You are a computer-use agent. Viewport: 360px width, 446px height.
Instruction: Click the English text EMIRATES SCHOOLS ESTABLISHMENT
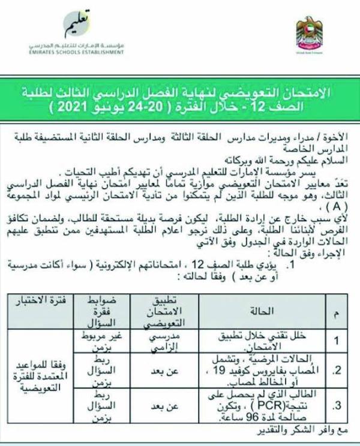86,53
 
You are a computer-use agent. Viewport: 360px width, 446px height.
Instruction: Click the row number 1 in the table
337,341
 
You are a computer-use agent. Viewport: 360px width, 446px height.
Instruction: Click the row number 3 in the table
337,406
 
